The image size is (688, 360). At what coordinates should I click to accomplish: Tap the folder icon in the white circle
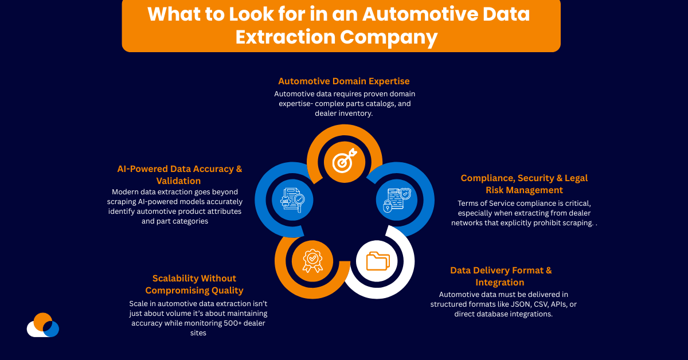click(x=377, y=261)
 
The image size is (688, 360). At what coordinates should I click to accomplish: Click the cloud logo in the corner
click(x=43, y=325)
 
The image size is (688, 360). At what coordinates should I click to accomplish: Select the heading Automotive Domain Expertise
click(x=344, y=81)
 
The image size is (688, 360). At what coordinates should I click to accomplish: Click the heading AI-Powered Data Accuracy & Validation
click(x=179, y=175)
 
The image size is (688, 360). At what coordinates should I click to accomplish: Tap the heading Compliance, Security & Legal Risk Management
click(x=524, y=184)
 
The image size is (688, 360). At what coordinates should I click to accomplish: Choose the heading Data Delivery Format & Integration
click(x=501, y=276)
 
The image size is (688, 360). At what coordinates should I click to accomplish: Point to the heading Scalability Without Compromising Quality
click(x=194, y=284)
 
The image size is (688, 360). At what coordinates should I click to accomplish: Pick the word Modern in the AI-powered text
click(x=126, y=191)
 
